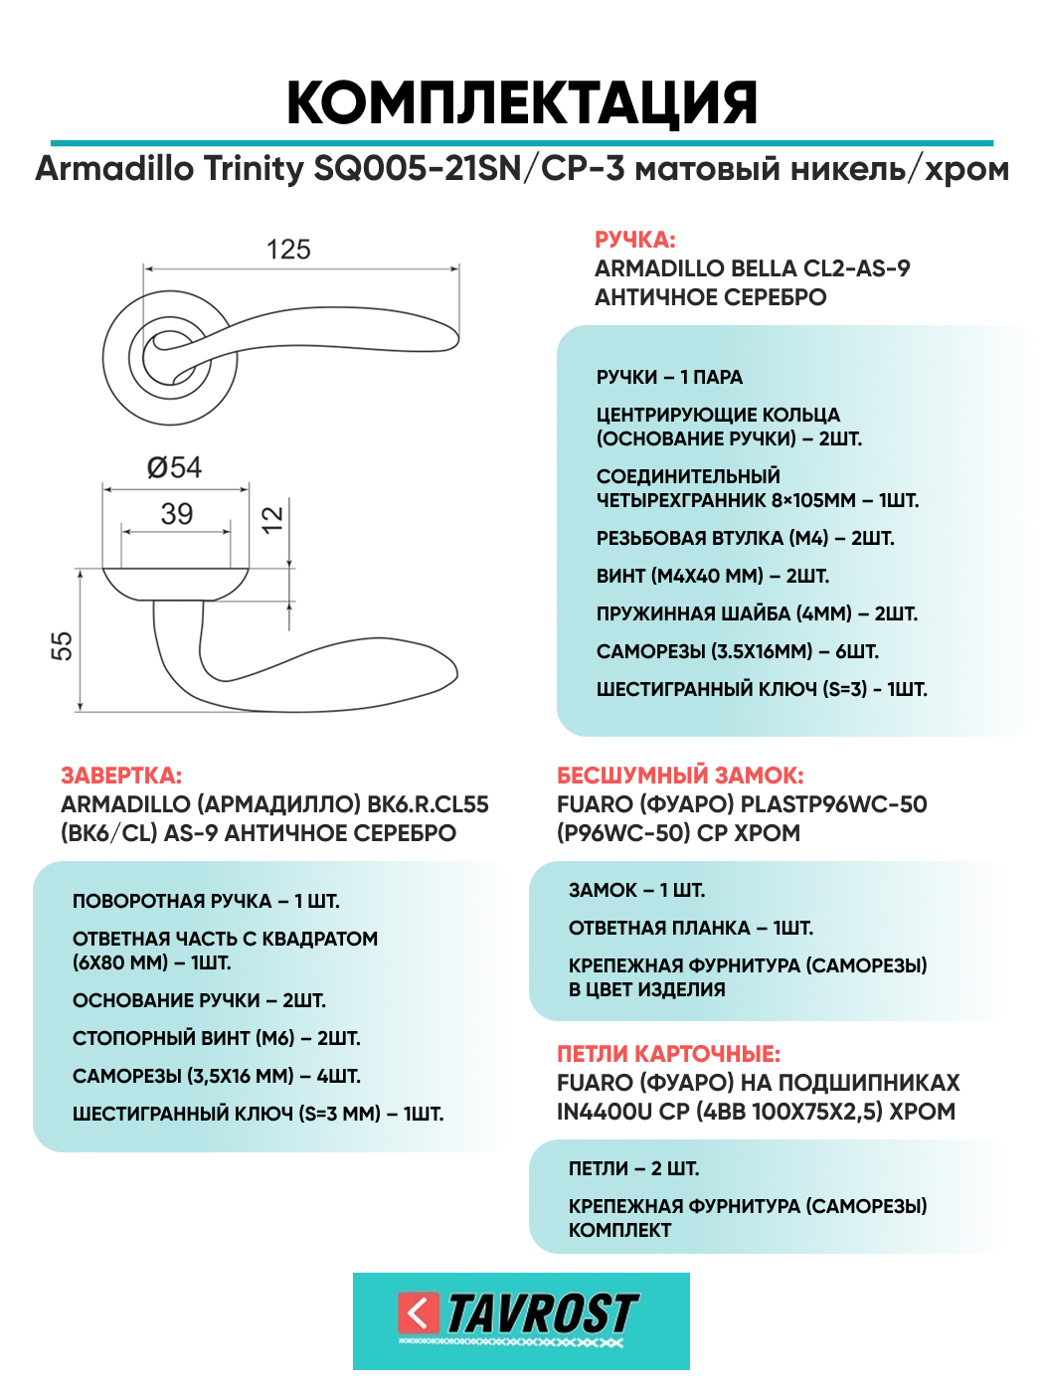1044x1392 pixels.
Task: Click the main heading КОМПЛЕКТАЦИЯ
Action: pos(522,102)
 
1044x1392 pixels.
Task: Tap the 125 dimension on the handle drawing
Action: pos(288,250)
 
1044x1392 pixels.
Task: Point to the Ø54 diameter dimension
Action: pos(174,467)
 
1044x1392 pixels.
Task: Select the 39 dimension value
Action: pos(177,514)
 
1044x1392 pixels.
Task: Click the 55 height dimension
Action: pos(62,645)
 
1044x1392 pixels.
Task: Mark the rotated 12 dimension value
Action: pos(271,519)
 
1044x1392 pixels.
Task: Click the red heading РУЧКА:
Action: pos(634,240)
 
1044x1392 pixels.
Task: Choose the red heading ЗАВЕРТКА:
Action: pos(121,776)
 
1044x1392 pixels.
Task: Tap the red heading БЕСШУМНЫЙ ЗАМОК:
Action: pos(680,776)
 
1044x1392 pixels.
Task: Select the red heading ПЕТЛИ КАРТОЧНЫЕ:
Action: pos(668,1054)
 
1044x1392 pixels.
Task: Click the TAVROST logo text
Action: pos(542,1313)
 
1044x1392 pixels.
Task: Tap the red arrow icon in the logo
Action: pos(418,1313)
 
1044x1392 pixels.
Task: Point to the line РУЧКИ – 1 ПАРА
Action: pos(669,377)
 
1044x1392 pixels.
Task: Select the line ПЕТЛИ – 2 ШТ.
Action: pos(633,1168)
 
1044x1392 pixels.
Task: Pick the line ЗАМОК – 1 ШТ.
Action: pos(636,890)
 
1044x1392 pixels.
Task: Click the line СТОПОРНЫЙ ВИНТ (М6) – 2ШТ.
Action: pos(216,1038)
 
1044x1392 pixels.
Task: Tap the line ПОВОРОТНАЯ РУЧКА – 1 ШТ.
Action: pos(206,901)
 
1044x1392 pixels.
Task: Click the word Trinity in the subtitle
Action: pos(254,169)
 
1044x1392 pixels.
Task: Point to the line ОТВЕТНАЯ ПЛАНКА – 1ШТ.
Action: pos(690,928)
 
